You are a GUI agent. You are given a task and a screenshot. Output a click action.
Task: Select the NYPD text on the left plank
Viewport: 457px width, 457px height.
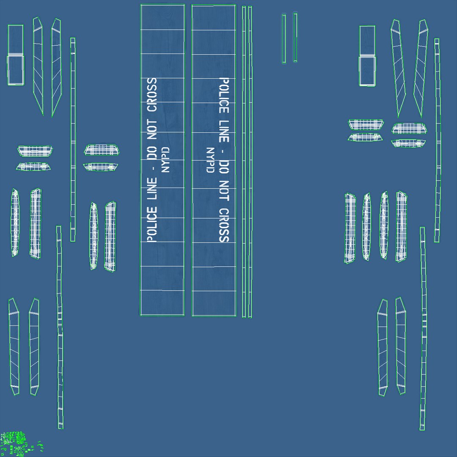click(x=165, y=160)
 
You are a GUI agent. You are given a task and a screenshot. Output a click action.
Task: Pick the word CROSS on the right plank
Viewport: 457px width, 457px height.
click(x=224, y=225)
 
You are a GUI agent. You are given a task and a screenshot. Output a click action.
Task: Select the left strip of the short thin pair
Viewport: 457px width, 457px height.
click(x=284, y=39)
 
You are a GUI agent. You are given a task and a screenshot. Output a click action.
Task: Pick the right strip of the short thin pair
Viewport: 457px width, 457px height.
click(x=295, y=37)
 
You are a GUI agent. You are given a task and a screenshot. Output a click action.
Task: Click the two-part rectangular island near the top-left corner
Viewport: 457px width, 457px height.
click(x=15, y=55)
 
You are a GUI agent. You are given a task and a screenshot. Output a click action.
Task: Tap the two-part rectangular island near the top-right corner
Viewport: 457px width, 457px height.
click(x=367, y=56)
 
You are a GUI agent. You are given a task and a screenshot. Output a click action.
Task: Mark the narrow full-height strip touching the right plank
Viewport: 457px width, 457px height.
click(x=244, y=161)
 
